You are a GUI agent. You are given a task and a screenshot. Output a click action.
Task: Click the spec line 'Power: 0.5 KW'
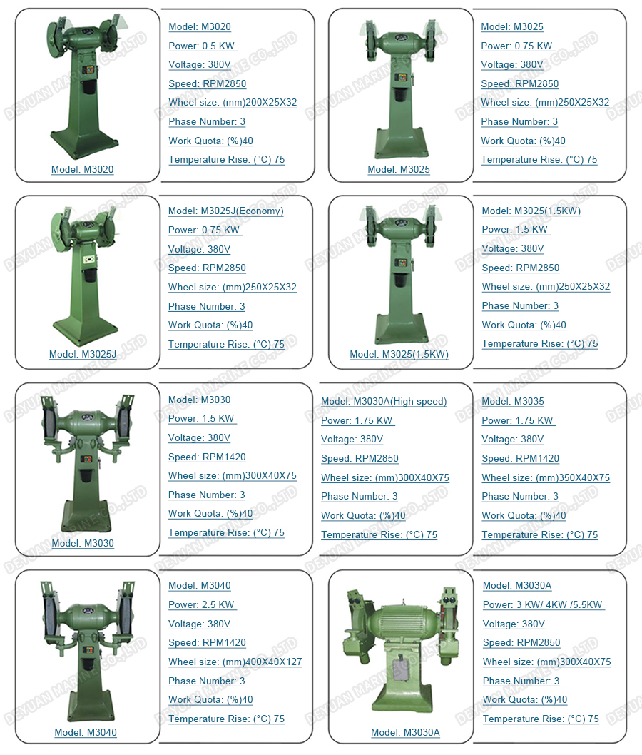click(202, 46)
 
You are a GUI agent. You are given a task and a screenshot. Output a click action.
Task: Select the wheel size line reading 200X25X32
click(233, 103)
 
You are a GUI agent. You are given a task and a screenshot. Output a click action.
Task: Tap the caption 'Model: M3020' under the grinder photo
click(82, 170)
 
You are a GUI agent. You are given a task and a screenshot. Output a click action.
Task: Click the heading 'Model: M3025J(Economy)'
click(225, 211)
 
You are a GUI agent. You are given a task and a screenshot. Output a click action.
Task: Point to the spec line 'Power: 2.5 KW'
click(201, 604)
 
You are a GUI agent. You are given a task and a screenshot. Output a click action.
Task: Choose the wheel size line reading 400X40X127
click(235, 662)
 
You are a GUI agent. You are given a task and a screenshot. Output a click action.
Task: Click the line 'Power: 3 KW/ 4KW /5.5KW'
click(542, 604)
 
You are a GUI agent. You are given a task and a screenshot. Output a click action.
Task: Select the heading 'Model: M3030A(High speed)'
click(384, 402)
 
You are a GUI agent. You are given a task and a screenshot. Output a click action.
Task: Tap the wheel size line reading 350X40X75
click(546, 477)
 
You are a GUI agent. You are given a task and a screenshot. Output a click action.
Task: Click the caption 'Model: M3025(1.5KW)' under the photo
click(399, 355)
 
